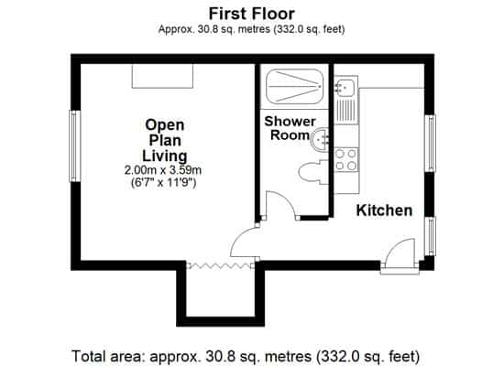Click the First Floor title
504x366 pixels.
[x=252, y=14]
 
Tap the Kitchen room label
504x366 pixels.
[x=384, y=210]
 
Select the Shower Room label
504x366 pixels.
[x=290, y=128]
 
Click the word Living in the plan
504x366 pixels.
[x=165, y=156]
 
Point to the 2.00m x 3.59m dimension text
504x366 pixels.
[x=163, y=170]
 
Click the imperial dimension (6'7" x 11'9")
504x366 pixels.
[x=164, y=183]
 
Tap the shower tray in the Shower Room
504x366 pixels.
[x=295, y=86]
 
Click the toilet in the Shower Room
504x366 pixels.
[x=313, y=172]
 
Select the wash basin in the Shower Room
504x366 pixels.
[x=319, y=139]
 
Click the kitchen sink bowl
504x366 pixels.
[x=345, y=87]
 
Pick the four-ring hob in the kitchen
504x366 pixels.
[x=346, y=159]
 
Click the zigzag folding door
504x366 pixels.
[x=220, y=265]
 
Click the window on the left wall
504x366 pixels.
[x=75, y=145]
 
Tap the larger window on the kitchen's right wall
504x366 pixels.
[x=430, y=143]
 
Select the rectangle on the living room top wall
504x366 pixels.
[x=162, y=76]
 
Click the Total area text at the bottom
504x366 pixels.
[x=246, y=356]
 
